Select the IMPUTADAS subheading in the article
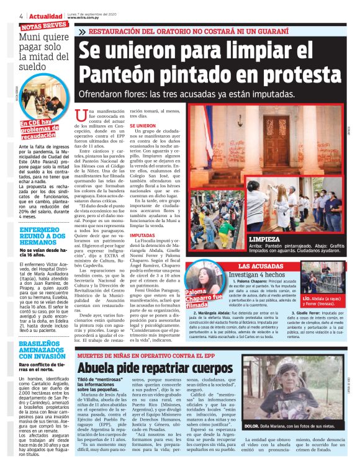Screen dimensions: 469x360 tap(142, 236)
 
